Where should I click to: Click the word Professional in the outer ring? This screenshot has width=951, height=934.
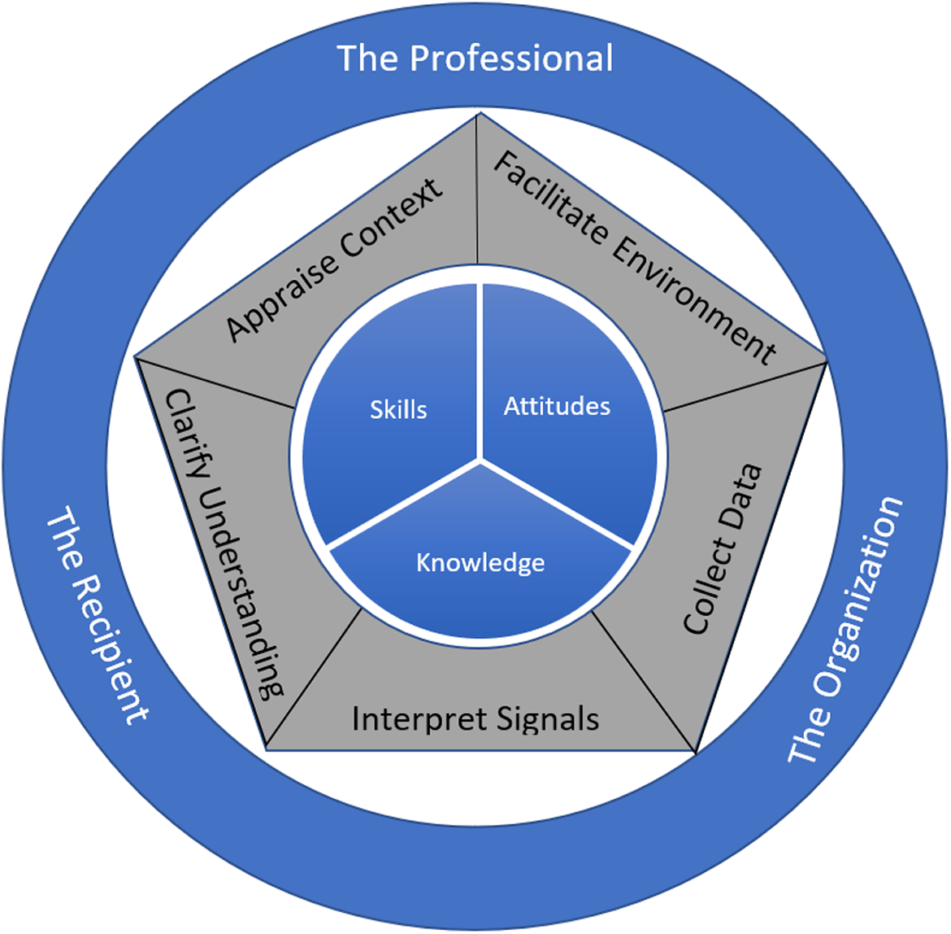click(x=511, y=59)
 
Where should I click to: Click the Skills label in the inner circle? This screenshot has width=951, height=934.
click(x=398, y=410)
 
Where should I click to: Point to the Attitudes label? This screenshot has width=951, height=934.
click(x=557, y=406)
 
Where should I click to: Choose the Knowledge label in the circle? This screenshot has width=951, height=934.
click(x=480, y=563)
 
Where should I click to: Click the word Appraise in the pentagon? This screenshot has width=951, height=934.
click(x=281, y=297)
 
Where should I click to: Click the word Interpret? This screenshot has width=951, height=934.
click(x=419, y=720)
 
